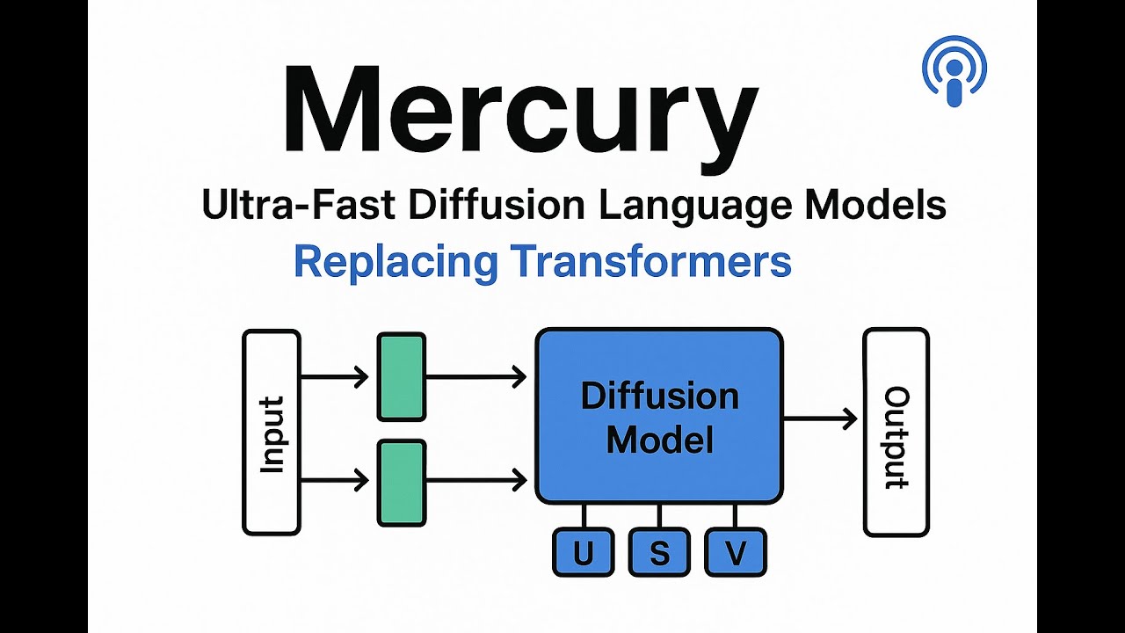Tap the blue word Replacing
click(396, 261)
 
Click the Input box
click(272, 432)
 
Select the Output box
click(896, 432)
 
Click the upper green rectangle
click(402, 376)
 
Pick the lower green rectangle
click(402, 483)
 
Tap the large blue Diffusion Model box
click(659, 416)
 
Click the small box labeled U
click(583, 553)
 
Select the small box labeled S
click(659, 553)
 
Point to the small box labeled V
click(736, 553)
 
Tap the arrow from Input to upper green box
click(334, 378)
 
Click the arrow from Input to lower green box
click(334, 480)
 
